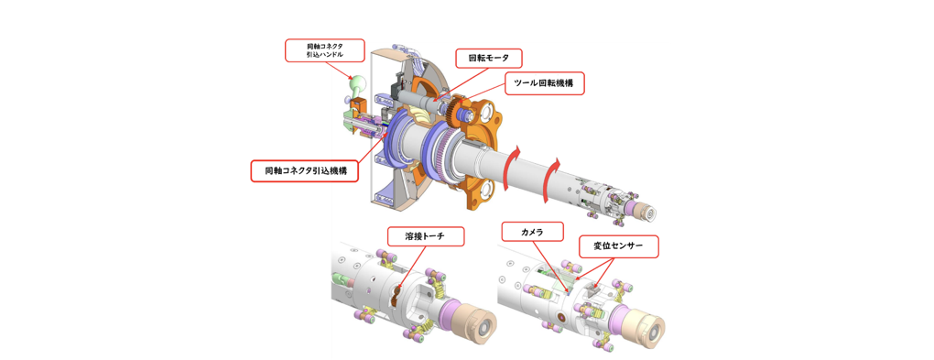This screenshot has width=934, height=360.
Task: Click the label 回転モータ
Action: [488, 59]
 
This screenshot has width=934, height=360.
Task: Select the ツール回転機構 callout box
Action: [544, 83]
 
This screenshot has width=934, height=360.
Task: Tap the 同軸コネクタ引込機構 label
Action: [305, 170]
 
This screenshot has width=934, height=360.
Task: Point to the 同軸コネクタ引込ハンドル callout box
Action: [324, 50]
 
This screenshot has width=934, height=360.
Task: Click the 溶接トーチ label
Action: [425, 236]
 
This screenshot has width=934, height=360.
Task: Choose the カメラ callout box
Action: [532, 232]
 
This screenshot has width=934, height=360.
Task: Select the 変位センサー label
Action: [618, 246]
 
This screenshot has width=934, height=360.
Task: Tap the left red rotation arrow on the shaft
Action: [516, 158]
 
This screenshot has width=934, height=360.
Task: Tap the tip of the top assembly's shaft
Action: [648, 213]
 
